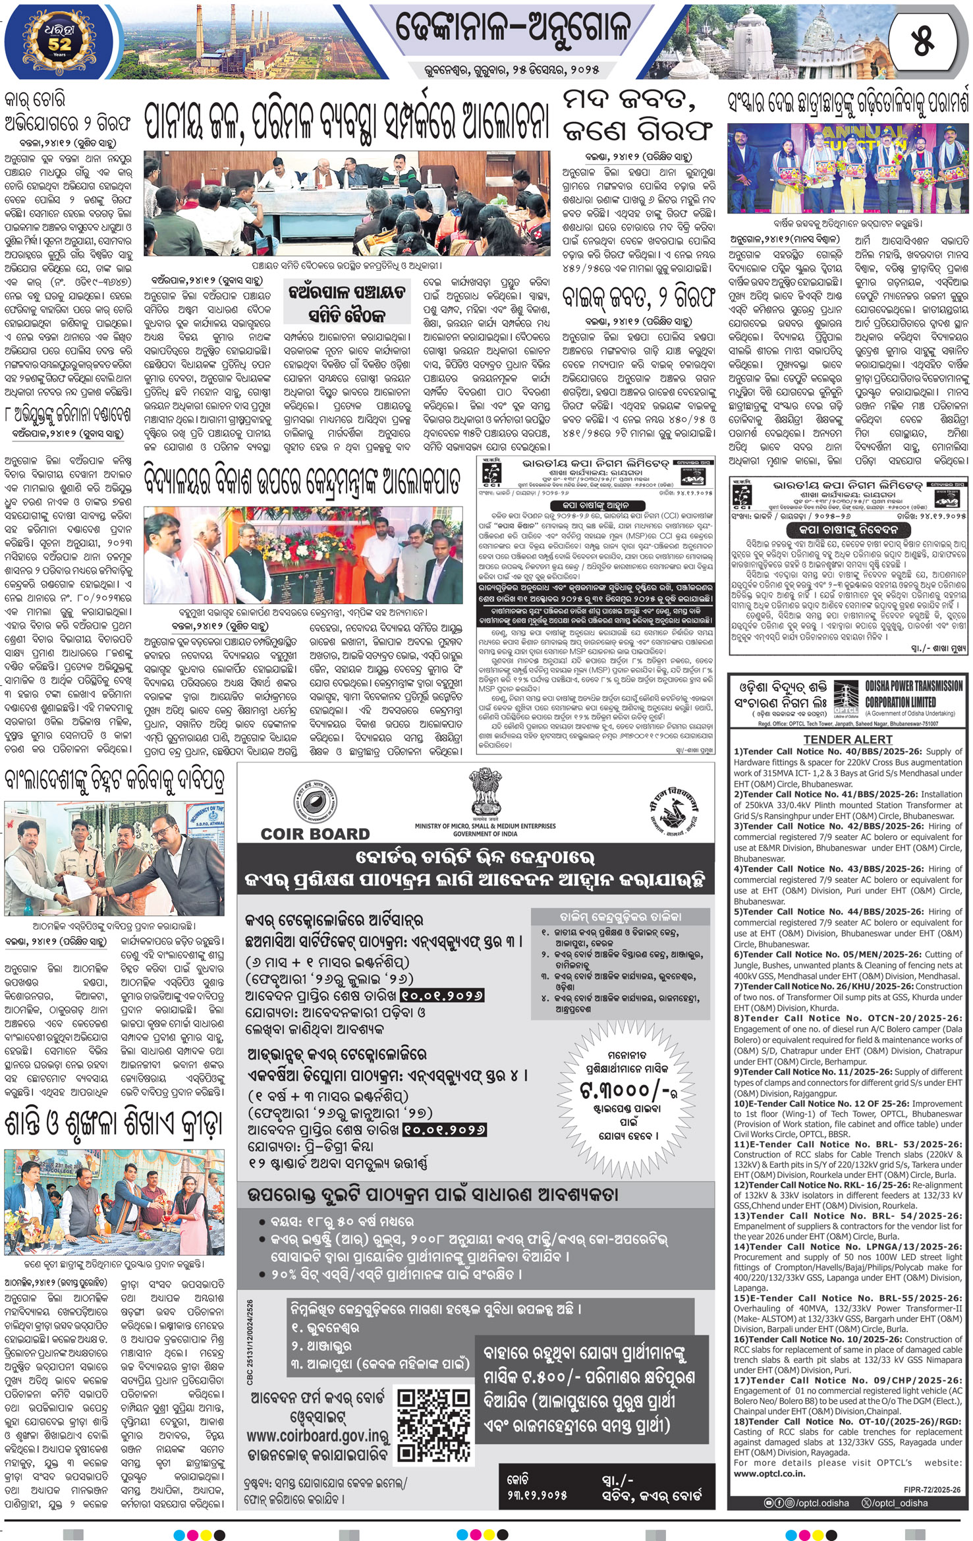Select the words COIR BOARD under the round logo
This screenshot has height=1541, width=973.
(315, 833)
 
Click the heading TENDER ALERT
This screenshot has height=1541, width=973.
(847, 739)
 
